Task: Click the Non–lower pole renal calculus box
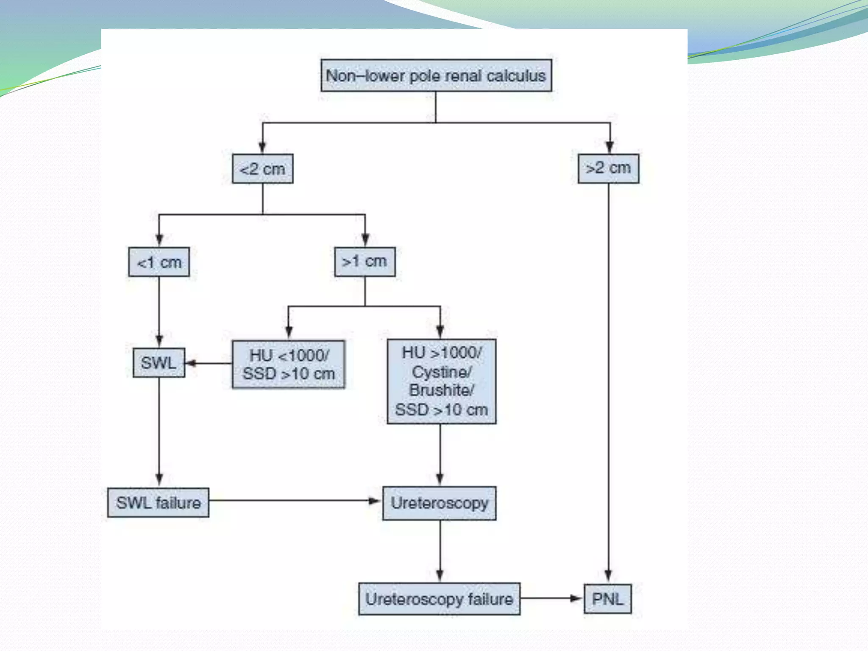click(x=436, y=75)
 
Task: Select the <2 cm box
click(x=262, y=169)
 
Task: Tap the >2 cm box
click(x=608, y=168)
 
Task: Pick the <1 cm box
click(x=159, y=262)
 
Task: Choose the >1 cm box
click(x=364, y=262)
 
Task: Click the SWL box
click(x=159, y=363)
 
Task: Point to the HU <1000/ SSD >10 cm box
click(x=288, y=364)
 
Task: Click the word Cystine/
click(x=441, y=372)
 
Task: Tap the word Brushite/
click(x=441, y=390)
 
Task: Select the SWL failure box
click(x=158, y=503)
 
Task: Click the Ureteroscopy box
click(x=439, y=503)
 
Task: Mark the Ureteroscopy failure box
click(x=439, y=599)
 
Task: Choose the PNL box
click(x=607, y=599)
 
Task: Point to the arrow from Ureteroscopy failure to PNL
click(x=551, y=598)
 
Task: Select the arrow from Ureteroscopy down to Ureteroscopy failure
click(x=440, y=551)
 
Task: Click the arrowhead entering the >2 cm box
click(x=609, y=147)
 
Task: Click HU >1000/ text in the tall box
click(x=441, y=353)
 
